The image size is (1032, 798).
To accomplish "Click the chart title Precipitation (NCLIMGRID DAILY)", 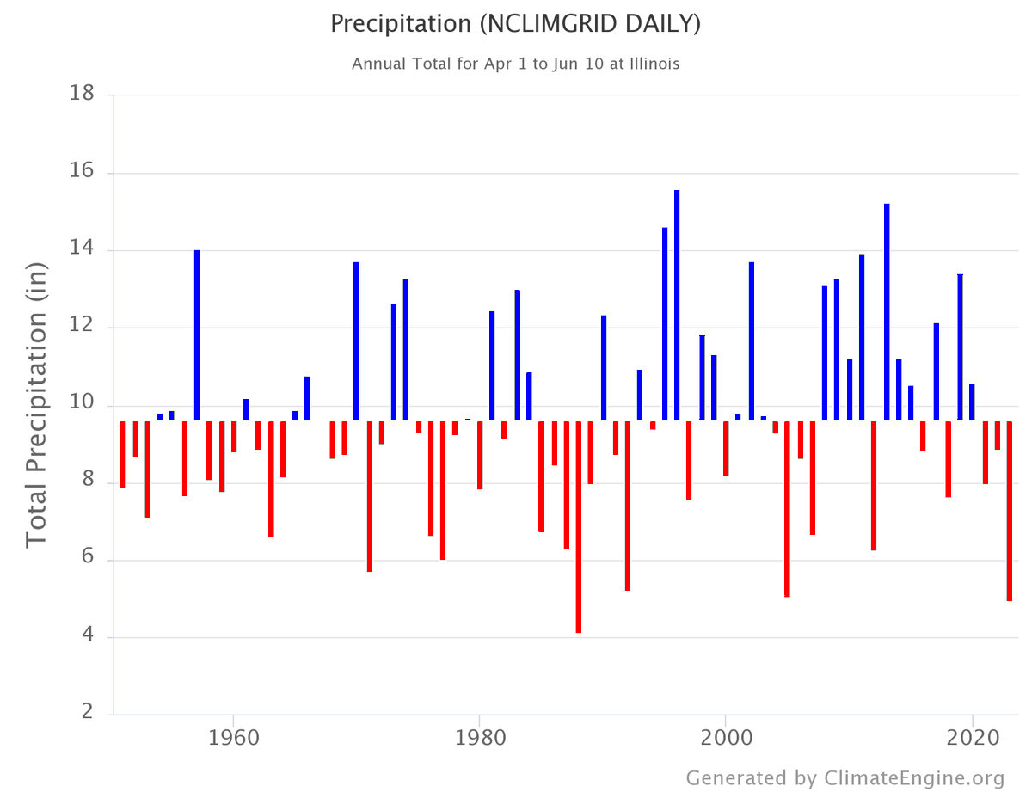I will tap(515, 24).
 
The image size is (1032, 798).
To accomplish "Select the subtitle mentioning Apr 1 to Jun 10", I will tap(515, 64).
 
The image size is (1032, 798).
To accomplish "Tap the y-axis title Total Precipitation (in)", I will tap(36, 404).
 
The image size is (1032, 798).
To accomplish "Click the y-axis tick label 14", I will tap(82, 249).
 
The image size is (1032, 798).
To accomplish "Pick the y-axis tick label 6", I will tap(87, 559).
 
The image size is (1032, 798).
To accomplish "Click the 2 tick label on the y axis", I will tap(87, 712).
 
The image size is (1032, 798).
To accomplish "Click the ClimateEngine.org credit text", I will tap(845, 778).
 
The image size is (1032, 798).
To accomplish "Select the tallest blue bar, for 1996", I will tap(677, 305).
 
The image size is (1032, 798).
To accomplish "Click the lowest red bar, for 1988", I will tap(579, 526).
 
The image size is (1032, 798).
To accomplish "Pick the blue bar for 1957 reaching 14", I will tap(197, 335).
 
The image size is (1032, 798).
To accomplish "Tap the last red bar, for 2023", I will tap(1010, 511).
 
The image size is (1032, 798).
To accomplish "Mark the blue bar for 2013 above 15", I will tap(887, 312).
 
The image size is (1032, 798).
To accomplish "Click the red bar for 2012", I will tap(874, 485).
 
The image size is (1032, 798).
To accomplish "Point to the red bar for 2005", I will tap(787, 508).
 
